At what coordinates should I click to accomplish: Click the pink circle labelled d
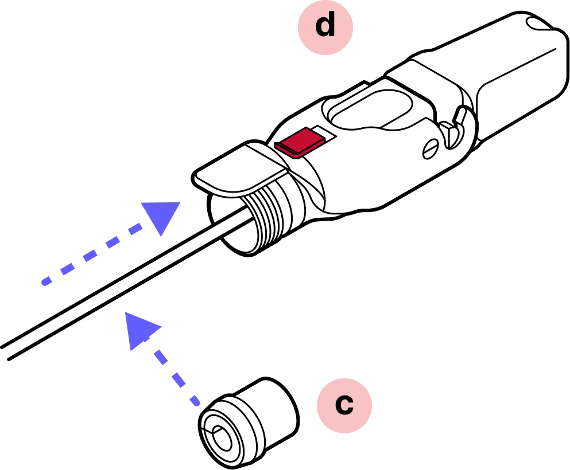(x=325, y=27)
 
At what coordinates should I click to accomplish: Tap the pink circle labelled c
(x=344, y=405)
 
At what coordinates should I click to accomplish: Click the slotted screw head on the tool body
(x=431, y=149)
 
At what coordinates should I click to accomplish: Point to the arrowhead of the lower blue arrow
(x=140, y=330)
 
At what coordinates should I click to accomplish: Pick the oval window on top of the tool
(x=370, y=109)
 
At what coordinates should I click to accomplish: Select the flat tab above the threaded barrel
(x=241, y=169)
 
